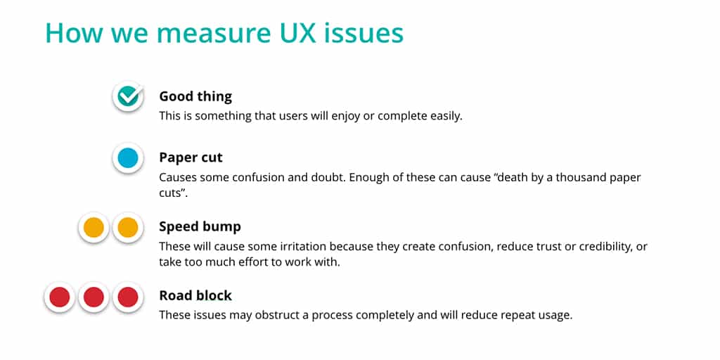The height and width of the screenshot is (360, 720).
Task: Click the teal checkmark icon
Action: tap(128, 96)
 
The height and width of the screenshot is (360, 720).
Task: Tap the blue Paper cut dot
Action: tap(128, 158)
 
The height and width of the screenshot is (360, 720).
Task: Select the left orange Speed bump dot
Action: tap(94, 227)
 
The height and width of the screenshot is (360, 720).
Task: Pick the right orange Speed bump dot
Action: tap(128, 227)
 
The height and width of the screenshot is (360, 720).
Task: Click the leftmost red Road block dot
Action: tap(59, 297)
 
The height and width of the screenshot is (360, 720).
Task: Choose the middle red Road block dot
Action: tap(94, 297)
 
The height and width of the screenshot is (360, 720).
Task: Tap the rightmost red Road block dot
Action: tap(128, 297)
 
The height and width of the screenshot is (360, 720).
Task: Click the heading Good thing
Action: tap(195, 96)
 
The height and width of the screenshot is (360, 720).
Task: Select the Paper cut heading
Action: tap(191, 157)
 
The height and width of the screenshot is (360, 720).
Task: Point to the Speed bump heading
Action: tap(200, 226)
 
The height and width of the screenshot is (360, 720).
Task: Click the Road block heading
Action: tap(195, 295)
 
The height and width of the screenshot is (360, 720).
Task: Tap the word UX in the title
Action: tap(289, 33)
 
